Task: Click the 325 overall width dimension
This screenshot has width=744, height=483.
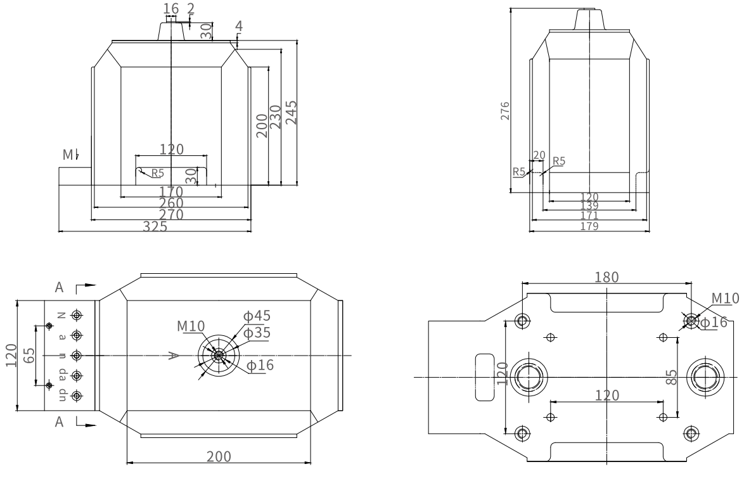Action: [155, 227]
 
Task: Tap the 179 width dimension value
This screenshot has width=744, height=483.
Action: [590, 226]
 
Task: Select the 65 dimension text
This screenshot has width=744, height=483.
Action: [28, 356]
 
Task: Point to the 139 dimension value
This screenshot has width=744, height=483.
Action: [590, 206]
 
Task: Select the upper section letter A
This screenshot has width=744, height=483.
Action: [60, 287]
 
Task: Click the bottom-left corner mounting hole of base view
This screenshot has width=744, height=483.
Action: [522, 434]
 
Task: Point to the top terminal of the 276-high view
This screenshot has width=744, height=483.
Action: [590, 19]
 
